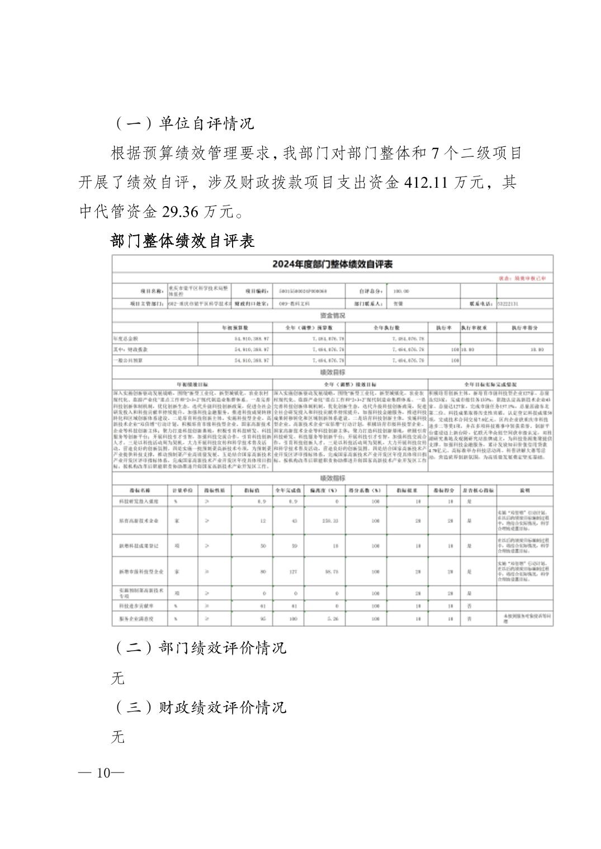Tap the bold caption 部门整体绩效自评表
183,241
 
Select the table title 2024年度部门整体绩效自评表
332,264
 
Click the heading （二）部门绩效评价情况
200,647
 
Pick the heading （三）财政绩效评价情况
200,707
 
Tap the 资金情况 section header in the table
332,316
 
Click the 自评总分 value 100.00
401,291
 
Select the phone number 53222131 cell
508,304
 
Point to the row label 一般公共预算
128,361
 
